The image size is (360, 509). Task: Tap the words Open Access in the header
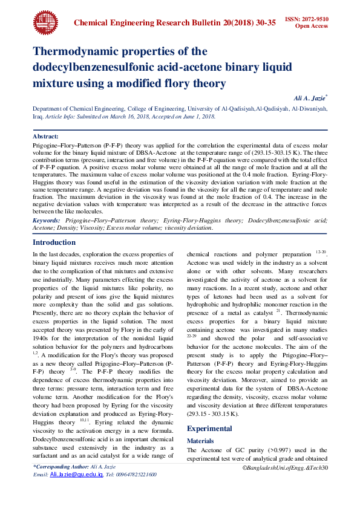tap(311, 27)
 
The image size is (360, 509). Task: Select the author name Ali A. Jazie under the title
tap(309, 97)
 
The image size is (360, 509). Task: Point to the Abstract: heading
tap(45, 137)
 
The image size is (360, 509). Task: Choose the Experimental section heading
tap(209, 412)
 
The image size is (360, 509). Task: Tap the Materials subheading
tap(200, 424)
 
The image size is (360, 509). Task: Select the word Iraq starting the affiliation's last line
tap(38, 116)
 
